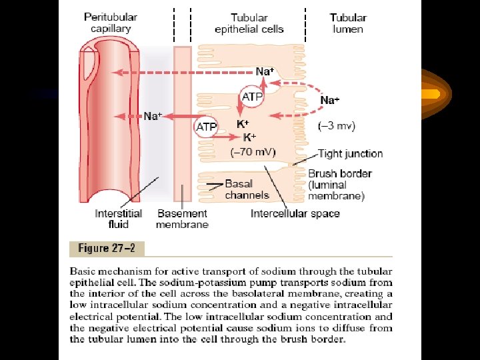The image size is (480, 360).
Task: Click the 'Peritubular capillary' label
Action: (x=111, y=23)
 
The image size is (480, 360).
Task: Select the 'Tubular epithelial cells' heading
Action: (x=249, y=23)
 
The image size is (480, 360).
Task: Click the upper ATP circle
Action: (x=252, y=96)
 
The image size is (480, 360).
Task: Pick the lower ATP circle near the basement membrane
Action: (x=206, y=126)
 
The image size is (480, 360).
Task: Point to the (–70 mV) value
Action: (x=253, y=152)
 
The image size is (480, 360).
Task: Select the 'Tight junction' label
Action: (x=350, y=154)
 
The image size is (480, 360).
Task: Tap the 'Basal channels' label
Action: (x=247, y=189)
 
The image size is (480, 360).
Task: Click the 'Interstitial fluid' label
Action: (x=118, y=219)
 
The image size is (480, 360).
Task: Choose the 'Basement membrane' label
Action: (x=182, y=219)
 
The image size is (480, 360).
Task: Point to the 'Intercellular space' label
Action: (x=295, y=214)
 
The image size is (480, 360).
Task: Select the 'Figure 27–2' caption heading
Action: (x=107, y=248)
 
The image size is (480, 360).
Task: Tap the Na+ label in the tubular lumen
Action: (x=330, y=100)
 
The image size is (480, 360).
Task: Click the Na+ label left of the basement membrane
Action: (x=153, y=116)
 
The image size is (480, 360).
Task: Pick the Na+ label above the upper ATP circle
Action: (x=264, y=70)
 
